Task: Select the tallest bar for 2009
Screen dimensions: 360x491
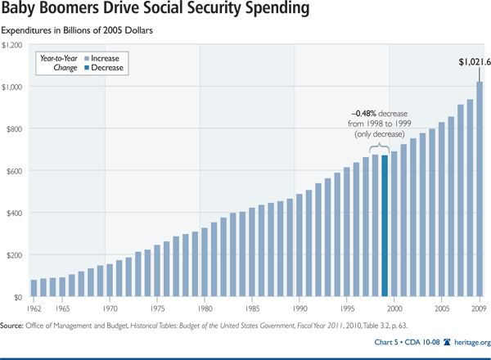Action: [x=479, y=189]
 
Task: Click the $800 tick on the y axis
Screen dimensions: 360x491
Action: [x=12, y=128]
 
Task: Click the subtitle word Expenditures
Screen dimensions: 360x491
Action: [x=30, y=31]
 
